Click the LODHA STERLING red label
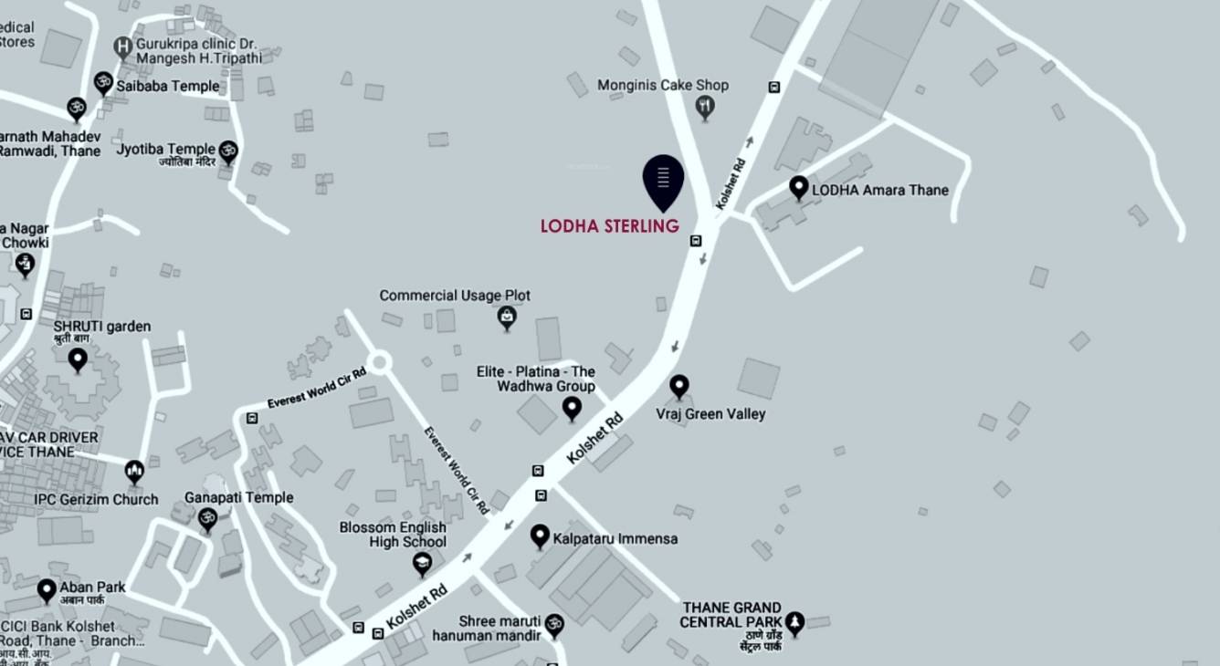point(609,225)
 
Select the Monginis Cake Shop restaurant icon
point(705,108)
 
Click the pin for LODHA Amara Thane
point(798,187)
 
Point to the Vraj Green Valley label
point(710,414)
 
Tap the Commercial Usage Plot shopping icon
point(507,317)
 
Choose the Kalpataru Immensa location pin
point(540,536)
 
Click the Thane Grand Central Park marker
point(794,622)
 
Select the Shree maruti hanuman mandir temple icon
point(554,625)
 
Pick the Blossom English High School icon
point(422,565)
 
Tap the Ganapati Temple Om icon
point(208,519)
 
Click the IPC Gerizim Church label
point(96,499)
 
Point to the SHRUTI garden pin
point(78,359)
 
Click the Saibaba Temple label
point(167,86)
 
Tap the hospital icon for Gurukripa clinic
point(123,46)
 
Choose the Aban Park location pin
point(47,590)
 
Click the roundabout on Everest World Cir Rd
point(380,363)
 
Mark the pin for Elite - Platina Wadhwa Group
point(572,408)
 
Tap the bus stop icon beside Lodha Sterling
point(696,241)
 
